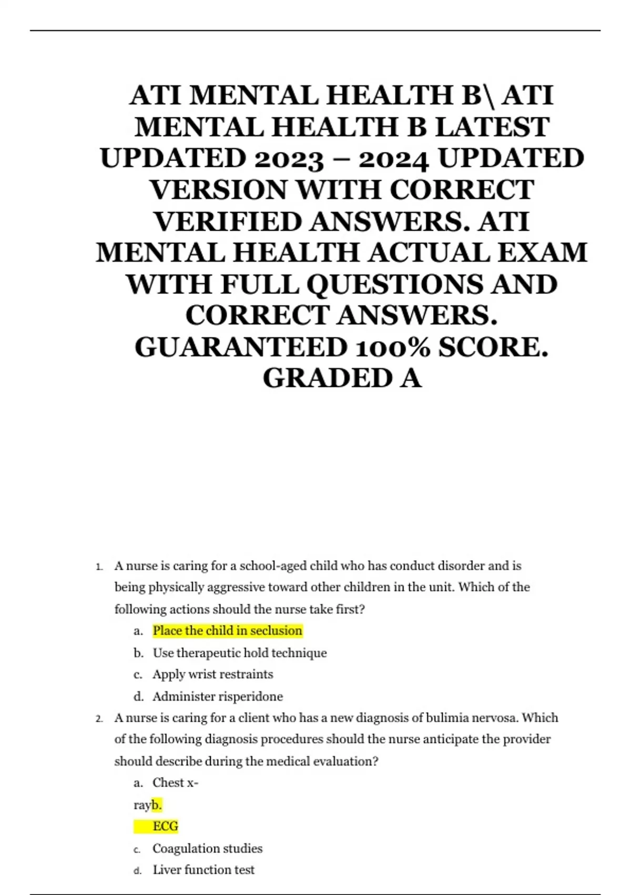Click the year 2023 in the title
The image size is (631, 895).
coord(289,158)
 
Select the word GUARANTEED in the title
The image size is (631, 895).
coord(241,347)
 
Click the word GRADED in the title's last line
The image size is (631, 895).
coord(327,379)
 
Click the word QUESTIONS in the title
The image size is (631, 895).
coord(395,285)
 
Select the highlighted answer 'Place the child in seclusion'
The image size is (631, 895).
coord(227,631)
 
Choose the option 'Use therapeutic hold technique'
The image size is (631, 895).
coord(239,653)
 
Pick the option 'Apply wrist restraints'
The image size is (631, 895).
coord(212,674)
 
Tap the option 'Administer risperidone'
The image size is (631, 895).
coord(217,697)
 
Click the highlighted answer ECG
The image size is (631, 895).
coord(165,826)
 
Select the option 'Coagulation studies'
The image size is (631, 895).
coord(207,848)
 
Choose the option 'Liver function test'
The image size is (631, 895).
coord(203,870)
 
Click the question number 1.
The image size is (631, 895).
coord(98,567)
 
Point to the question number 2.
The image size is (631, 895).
coord(98,719)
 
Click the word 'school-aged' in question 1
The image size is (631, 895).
coord(272,566)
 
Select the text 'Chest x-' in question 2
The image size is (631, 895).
coord(175,783)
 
